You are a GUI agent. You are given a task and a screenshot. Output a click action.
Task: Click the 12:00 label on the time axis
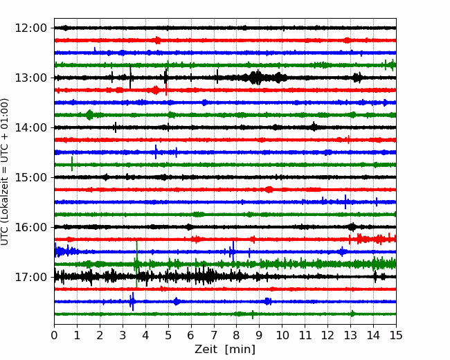(30, 28)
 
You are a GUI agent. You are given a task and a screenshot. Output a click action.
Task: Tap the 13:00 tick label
(30, 78)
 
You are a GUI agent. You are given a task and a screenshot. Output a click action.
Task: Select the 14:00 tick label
(30, 127)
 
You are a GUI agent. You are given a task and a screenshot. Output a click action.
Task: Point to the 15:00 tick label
(30, 177)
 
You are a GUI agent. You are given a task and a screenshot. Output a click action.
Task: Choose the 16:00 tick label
(30, 227)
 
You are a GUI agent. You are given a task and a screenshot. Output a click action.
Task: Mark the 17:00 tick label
(30, 277)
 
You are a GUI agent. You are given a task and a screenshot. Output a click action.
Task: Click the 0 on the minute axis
(54, 335)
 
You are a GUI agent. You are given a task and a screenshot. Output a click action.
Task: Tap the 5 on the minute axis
(168, 335)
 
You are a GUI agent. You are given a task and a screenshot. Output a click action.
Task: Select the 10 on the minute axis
(282, 335)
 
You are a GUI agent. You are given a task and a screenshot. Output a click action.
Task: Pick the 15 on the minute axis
(396, 335)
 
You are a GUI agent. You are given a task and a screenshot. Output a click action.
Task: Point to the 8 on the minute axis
(237, 335)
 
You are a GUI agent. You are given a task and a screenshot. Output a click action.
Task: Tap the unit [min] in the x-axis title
(240, 350)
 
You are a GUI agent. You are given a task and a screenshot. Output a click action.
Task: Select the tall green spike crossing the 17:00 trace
(136, 263)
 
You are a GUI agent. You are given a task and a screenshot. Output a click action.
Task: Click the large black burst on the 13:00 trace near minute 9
(256, 78)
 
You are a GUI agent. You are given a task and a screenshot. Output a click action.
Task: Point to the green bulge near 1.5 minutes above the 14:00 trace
(90, 115)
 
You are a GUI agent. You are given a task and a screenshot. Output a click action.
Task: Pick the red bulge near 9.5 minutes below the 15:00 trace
(269, 190)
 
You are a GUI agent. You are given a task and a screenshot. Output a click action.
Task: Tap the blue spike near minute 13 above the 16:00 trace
(345, 202)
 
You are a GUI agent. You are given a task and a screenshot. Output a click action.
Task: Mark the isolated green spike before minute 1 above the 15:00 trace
(72, 163)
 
